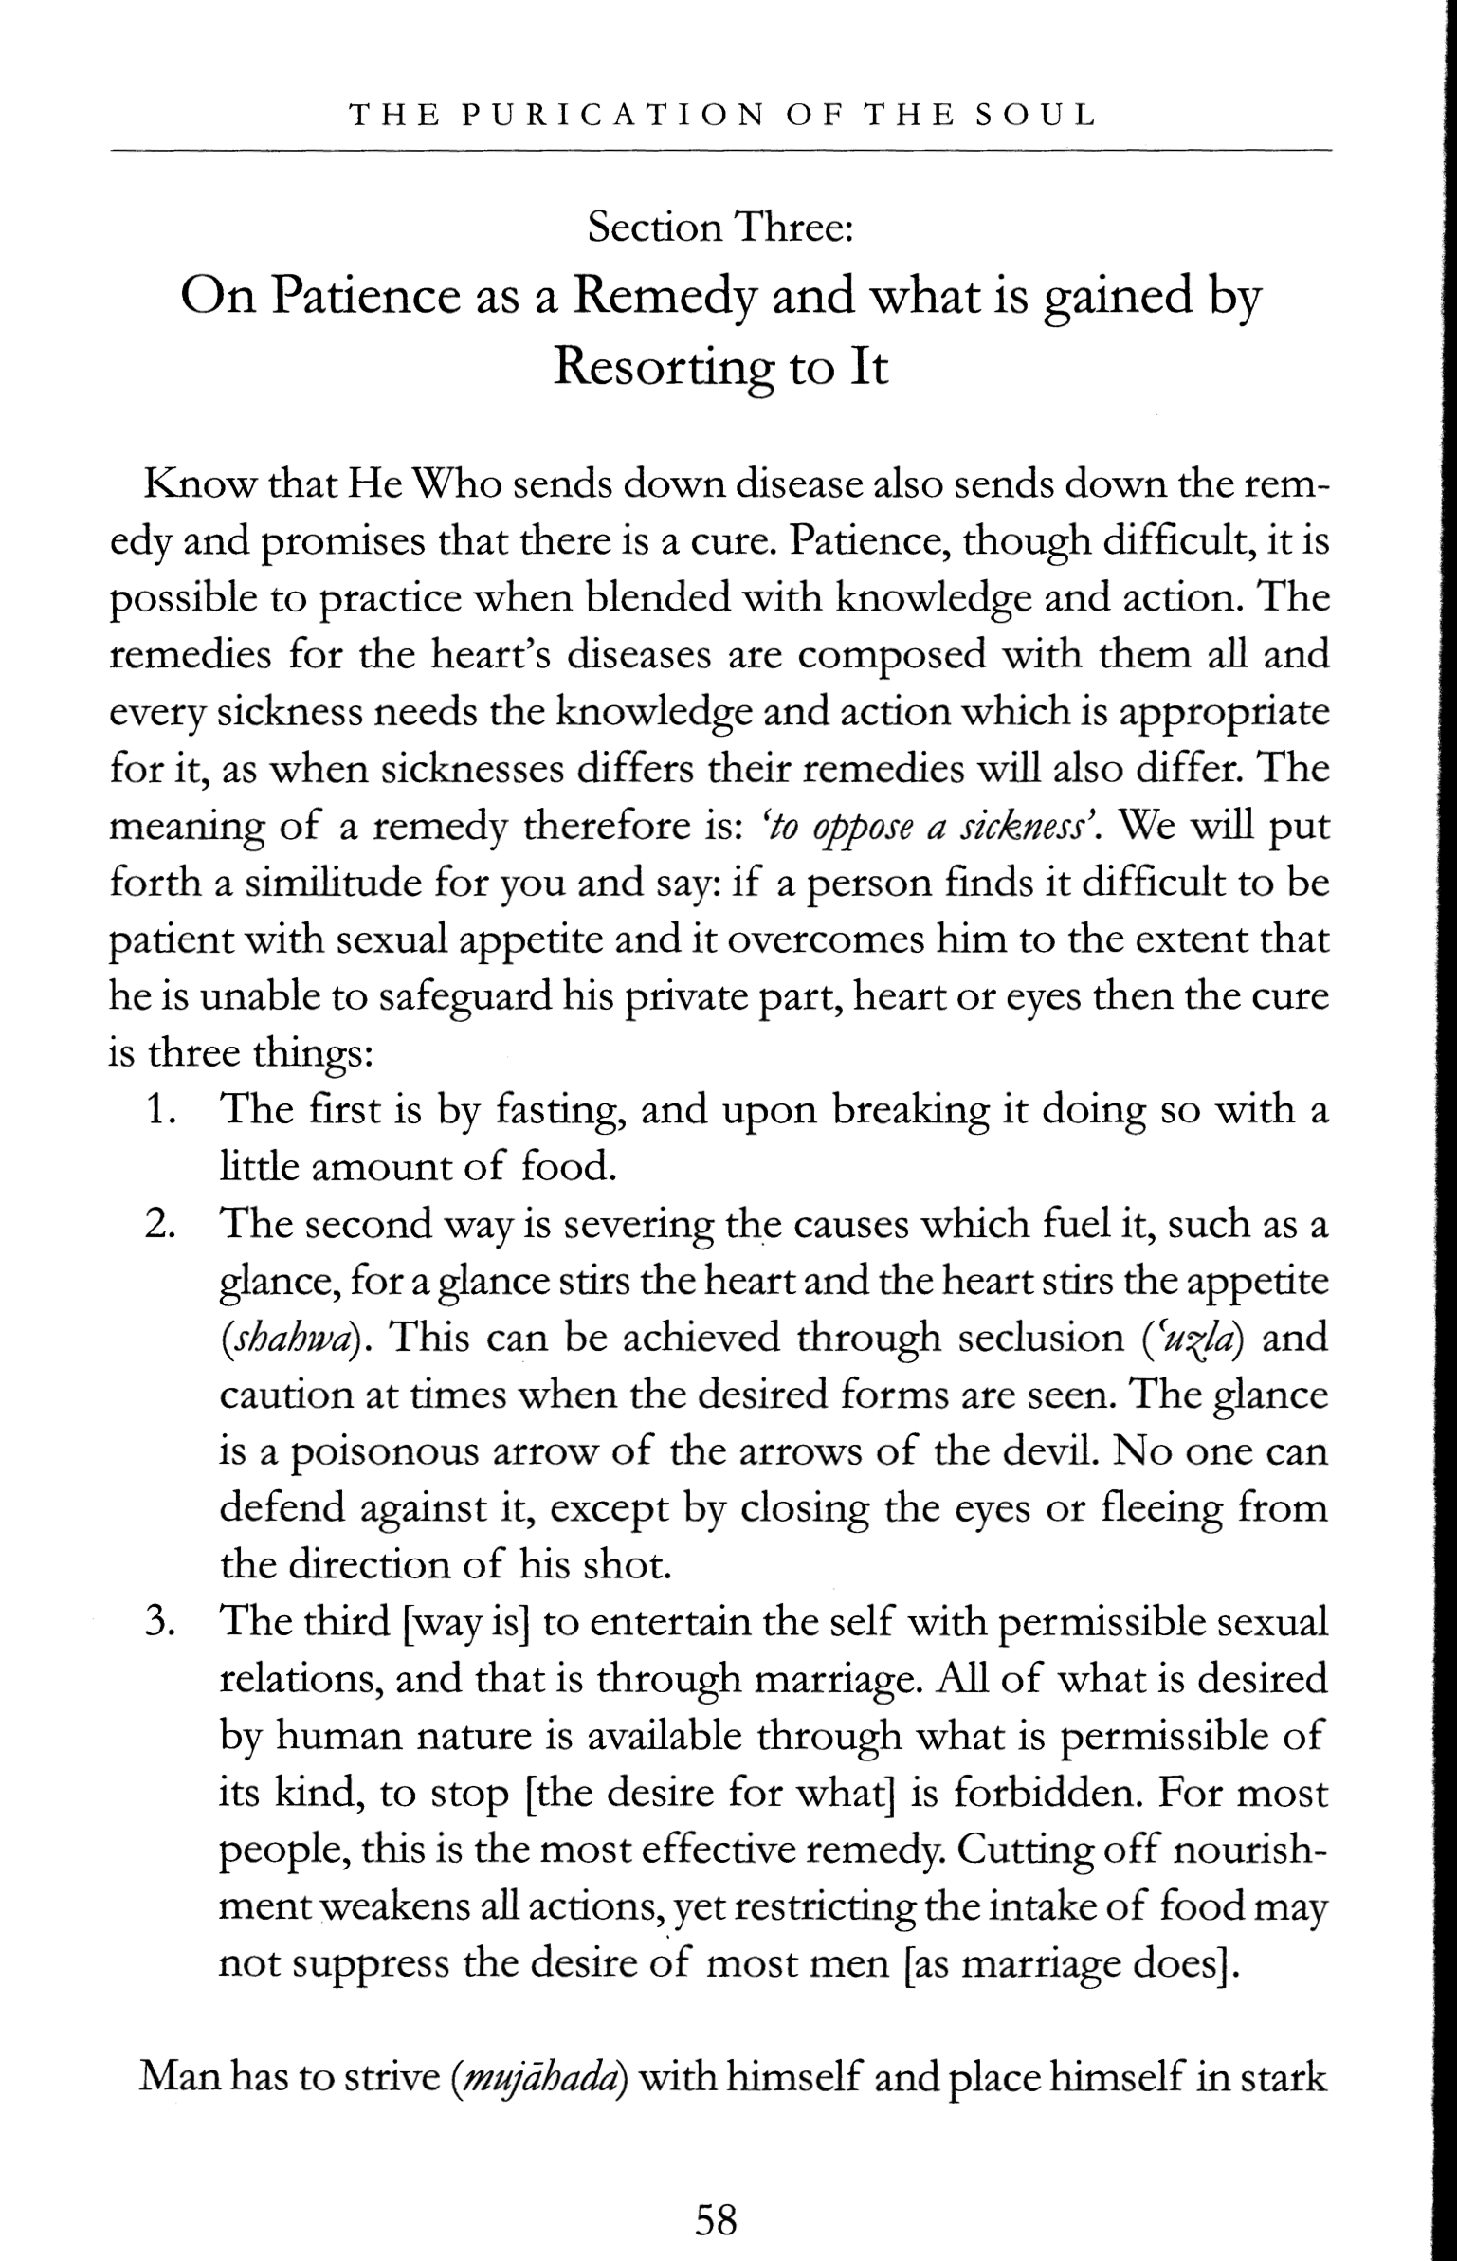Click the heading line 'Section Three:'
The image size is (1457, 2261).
click(721, 228)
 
